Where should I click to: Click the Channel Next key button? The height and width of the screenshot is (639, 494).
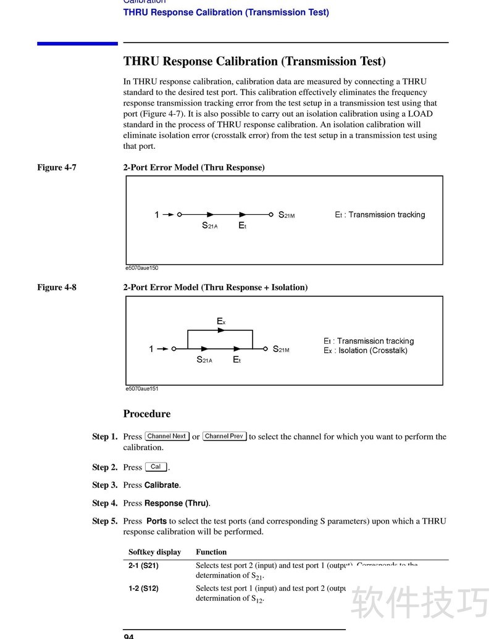[167, 436]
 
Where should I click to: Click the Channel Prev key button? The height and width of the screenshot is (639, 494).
[225, 436]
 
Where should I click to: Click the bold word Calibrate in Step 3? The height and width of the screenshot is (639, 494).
[162, 485]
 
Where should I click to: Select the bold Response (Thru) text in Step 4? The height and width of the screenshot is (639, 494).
[177, 503]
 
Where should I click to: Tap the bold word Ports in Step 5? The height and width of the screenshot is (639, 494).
[156, 521]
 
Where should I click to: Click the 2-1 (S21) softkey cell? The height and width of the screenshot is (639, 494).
[143, 566]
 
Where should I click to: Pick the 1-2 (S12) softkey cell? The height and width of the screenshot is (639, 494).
[143, 589]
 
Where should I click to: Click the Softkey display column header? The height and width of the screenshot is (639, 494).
[154, 552]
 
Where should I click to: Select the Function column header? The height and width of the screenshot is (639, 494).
[211, 552]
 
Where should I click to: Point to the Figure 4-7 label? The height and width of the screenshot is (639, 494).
[57, 167]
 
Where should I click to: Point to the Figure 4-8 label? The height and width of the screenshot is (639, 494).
[57, 287]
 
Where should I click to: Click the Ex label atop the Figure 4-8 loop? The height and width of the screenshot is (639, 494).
[221, 322]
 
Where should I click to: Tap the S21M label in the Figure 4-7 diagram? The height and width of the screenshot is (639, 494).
[287, 215]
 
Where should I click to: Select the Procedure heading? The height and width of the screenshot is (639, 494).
[147, 414]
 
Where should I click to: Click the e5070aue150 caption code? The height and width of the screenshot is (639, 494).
[142, 269]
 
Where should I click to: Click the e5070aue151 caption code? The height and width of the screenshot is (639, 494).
[142, 389]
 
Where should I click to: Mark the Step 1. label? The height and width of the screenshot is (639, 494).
[105, 436]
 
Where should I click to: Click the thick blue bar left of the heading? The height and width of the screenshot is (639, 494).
[77, 43]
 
